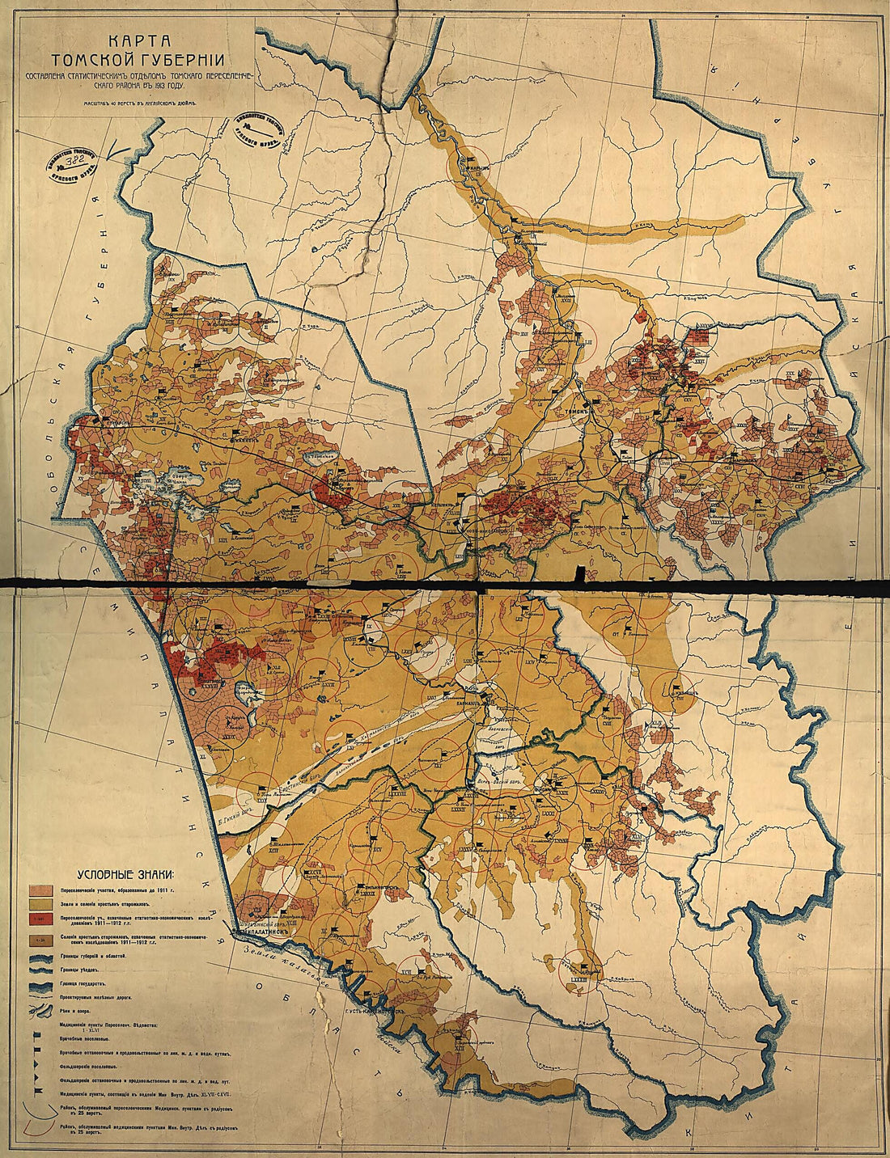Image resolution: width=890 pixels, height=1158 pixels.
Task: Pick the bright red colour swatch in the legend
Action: pyautogui.click(x=41, y=919)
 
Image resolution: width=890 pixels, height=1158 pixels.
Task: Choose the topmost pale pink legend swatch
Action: pyautogui.click(x=41, y=888)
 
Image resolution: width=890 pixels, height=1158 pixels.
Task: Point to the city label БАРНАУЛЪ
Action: pyautogui.click(x=484, y=703)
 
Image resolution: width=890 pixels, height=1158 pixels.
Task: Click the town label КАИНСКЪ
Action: pyautogui.click(x=113, y=421)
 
